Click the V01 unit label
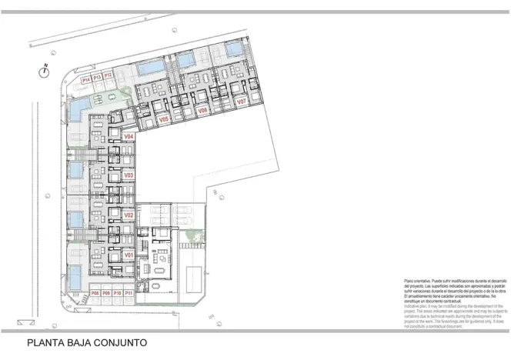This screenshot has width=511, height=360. coord(129,255)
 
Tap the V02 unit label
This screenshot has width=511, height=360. coord(129,215)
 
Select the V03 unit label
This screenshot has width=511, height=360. coord(129,175)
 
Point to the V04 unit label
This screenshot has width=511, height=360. coord(129,136)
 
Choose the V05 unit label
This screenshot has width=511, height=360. coord(164,120)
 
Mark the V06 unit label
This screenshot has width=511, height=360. coord(203,111)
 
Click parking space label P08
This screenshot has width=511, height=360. coord(95,293)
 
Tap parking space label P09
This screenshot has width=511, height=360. coord(106,293)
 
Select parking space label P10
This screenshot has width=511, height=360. coord(117,293)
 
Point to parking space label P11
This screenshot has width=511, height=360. coord(129,293)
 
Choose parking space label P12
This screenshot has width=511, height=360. coord(109,75)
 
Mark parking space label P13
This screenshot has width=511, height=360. coord(98,77)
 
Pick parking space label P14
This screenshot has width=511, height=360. coord(86,78)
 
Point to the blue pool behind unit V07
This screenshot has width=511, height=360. coord(234,48)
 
